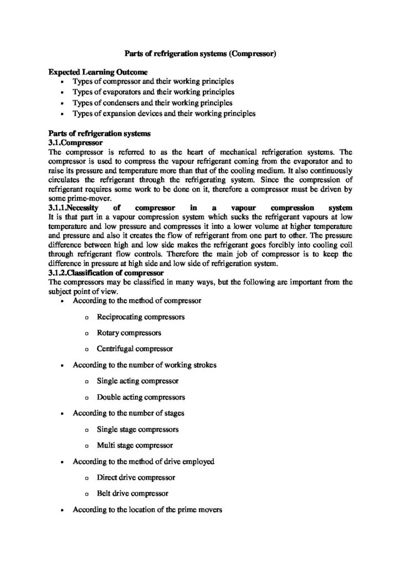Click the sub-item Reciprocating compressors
141,317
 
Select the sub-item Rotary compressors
129,333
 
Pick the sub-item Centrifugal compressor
135,349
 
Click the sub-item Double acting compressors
141,398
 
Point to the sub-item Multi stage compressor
135,445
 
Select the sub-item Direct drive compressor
136,477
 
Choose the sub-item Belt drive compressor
132,493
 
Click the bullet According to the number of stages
128,413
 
